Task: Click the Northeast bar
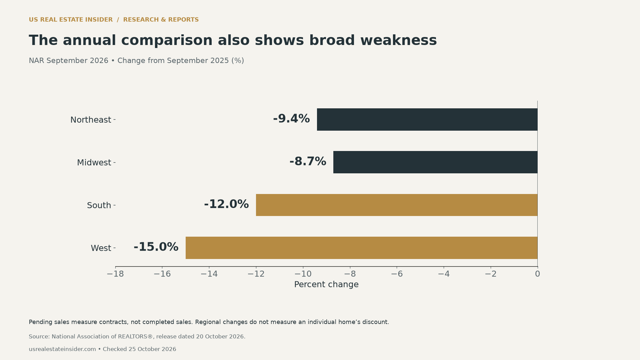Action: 427,119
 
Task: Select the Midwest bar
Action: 435,162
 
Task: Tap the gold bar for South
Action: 397,205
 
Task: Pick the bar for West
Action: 361,248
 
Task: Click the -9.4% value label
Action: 291,119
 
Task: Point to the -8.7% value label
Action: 308,161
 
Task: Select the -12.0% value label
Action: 226,204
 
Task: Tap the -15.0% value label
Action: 156,247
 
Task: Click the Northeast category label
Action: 91,120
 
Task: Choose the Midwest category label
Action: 94,163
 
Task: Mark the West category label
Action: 101,248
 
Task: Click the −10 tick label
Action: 303,274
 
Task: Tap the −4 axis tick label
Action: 444,274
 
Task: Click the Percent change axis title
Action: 326,285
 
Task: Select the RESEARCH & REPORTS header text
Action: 161,20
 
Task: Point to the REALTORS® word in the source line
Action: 135,337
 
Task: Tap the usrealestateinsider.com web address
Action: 62,349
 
